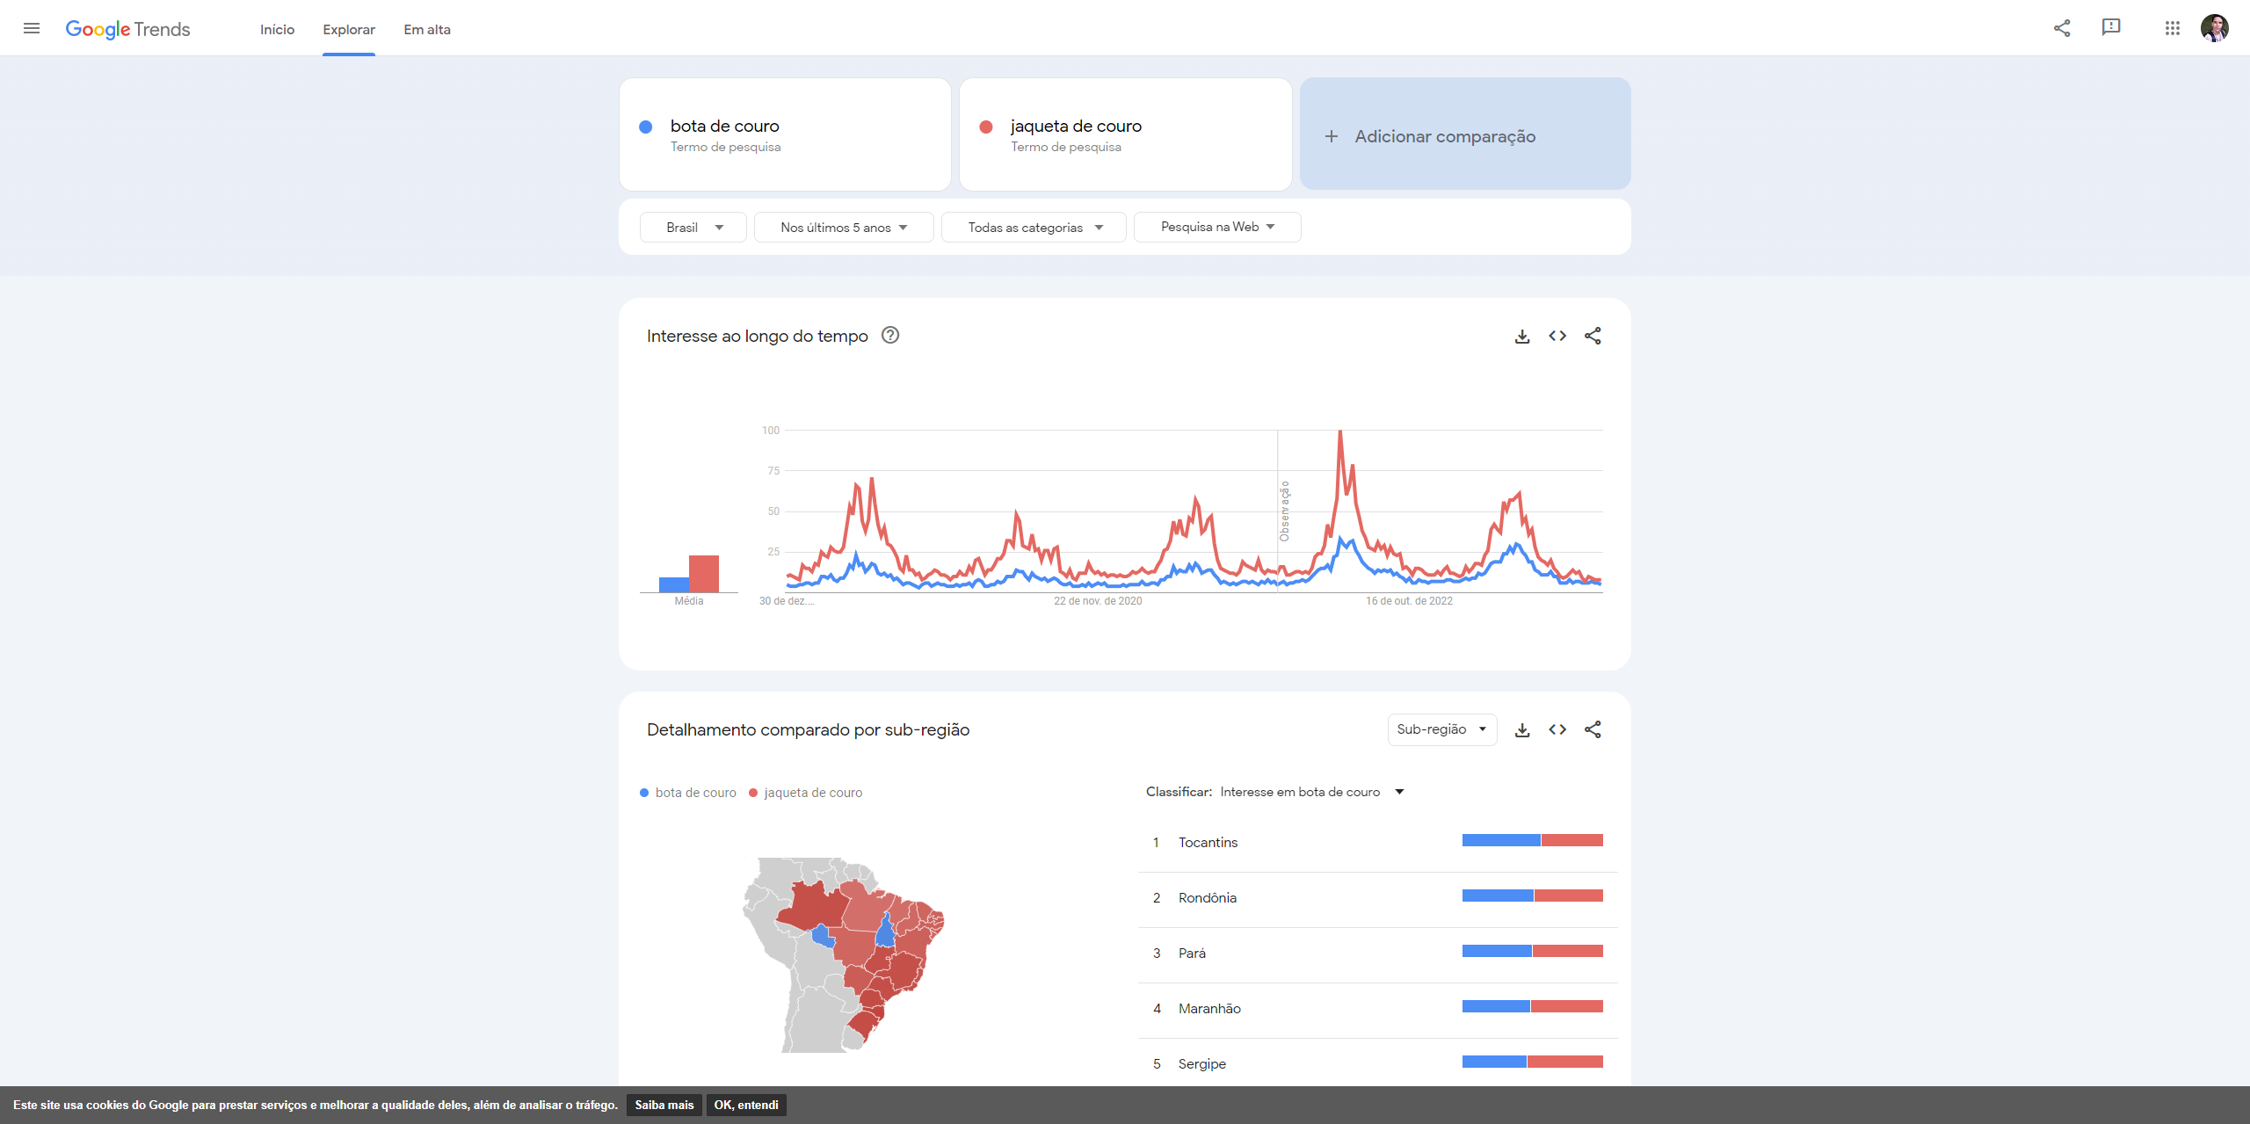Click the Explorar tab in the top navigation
click(348, 30)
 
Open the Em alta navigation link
click(427, 30)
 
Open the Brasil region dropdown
click(693, 228)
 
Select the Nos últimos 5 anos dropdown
click(843, 228)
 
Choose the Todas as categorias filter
click(1034, 228)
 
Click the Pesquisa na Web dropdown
click(1216, 227)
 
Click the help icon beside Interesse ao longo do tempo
click(890, 336)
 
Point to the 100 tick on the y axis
click(770, 431)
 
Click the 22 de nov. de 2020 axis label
click(1098, 601)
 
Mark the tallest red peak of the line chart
click(1340, 431)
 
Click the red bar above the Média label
click(704, 573)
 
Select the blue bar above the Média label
click(674, 584)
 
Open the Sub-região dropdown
click(1441, 729)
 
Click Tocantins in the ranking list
click(1208, 843)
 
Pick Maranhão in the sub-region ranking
click(1209, 1009)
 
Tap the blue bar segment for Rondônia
click(1498, 896)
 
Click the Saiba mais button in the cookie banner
click(664, 1105)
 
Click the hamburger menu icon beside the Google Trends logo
click(32, 28)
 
